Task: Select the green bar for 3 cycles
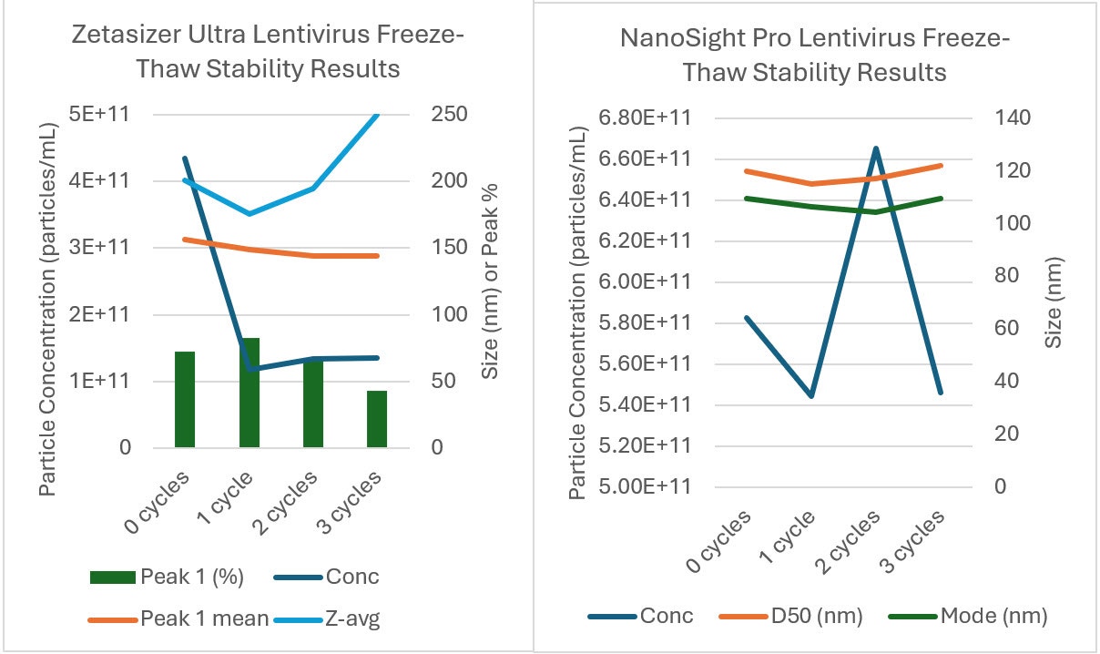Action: tap(377, 419)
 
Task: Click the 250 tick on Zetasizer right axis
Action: tap(449, 115)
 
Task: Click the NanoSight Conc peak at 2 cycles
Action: tap(875, 148)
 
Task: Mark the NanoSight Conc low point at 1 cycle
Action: tap(811, 396)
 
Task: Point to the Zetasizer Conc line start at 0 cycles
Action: tap(185, 158)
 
